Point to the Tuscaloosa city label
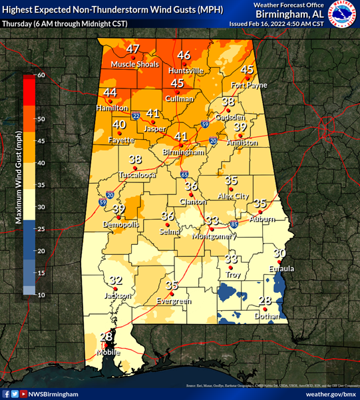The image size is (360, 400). pos(137,175)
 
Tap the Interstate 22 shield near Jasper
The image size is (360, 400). pos(136,114)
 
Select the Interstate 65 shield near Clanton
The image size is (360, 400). pos(183,174)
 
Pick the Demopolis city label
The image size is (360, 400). pos(121,225)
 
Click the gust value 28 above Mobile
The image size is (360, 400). pos(106,337)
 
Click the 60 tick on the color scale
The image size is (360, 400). pos(41,75)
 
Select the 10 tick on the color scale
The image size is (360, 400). pos(41,295)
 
